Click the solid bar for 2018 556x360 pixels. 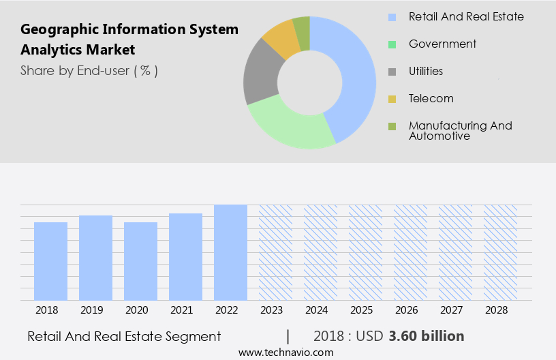point(50,261)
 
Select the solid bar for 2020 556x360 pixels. point(140,261)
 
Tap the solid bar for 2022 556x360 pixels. point(230,252)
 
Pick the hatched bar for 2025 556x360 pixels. point(365,252)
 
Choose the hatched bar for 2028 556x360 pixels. point(500,252)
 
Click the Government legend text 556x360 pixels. point(442,44)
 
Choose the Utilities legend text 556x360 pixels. point(426,71)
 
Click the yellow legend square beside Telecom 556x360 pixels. point(392,99)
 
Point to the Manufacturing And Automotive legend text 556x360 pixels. point(460,130)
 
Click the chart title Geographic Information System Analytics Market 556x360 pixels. point(129,40)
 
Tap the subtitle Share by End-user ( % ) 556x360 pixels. point(89,70)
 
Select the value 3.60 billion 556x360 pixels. point(427,336)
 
